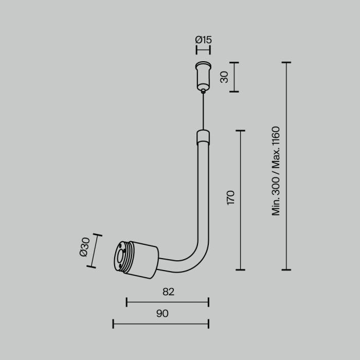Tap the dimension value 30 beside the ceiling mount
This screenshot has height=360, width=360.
pyautogui.click(x=224, y=77)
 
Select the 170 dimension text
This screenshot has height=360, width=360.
pyautogui.click(x=230, y=197)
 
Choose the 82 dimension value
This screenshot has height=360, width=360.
pyautogui.click(x=168, y=292)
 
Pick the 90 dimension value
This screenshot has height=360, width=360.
pyautogui.click(x=162, y=313)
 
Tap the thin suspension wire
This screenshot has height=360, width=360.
pyautogui.click(x=204, y=111)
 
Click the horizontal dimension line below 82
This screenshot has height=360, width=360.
pyautogui.click(x=168, y=302)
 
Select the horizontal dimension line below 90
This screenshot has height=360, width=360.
pyautogui.click(x=161, y=323)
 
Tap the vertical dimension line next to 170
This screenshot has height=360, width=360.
pyautogui.click(x=240, y=200)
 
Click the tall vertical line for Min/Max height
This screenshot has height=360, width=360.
pyautogui.click(x=286, y=166)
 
